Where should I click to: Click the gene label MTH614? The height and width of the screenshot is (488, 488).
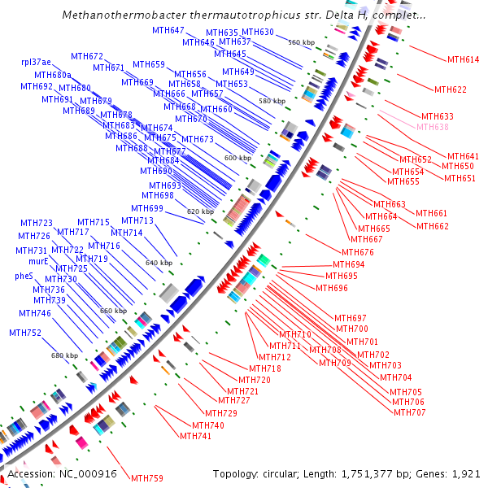point(464,59)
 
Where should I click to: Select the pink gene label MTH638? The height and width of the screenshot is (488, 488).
point(433,127)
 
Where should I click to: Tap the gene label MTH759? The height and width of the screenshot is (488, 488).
point(147,478)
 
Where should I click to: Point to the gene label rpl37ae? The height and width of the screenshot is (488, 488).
point(36,62)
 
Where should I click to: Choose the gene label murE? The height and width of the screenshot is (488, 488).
point(38,261)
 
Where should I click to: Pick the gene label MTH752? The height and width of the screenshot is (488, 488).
point(25,333)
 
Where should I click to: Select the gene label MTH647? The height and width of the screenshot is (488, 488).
point(168,30)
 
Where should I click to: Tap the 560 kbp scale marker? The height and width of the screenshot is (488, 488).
point(301,42)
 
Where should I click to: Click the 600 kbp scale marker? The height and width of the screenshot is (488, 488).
point(237,158)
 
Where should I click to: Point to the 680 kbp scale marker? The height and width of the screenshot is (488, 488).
point(64,355)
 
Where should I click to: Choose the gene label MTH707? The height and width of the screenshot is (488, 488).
point(410,412)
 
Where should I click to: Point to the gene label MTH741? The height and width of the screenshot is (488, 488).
point(196,436)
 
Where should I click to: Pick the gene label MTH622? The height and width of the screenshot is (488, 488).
point(451,89)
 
